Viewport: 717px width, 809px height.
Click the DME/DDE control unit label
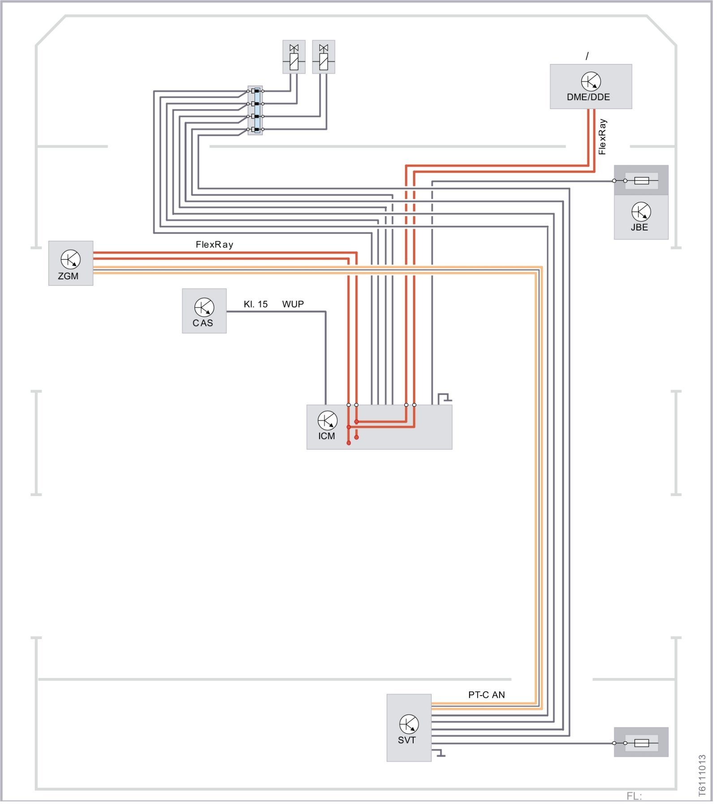point(588,97)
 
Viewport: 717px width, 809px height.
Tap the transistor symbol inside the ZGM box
point(70,259)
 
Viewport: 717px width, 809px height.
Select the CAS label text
point(203,323)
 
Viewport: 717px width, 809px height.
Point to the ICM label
point(327,436)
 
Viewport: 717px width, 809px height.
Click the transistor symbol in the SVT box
point(409,724)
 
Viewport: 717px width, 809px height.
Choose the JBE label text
point(639,227)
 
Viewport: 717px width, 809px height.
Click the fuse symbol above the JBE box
point(642,181)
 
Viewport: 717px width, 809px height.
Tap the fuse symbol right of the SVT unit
point(642,743)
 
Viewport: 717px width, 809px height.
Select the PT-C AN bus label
point(486,695)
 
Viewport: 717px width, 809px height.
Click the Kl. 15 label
point(255,304)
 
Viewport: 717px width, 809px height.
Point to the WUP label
point(293,304)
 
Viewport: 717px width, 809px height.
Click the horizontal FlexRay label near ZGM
point(214,244)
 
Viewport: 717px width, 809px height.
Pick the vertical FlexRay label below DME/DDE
point(602,137)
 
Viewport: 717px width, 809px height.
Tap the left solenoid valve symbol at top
point(294,57)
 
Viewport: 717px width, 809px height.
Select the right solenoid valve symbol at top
point(324,57)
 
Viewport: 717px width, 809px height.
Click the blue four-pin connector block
point(255,110)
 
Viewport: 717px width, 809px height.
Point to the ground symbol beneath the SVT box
point(439,753)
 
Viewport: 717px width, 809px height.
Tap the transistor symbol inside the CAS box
point(204,307)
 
